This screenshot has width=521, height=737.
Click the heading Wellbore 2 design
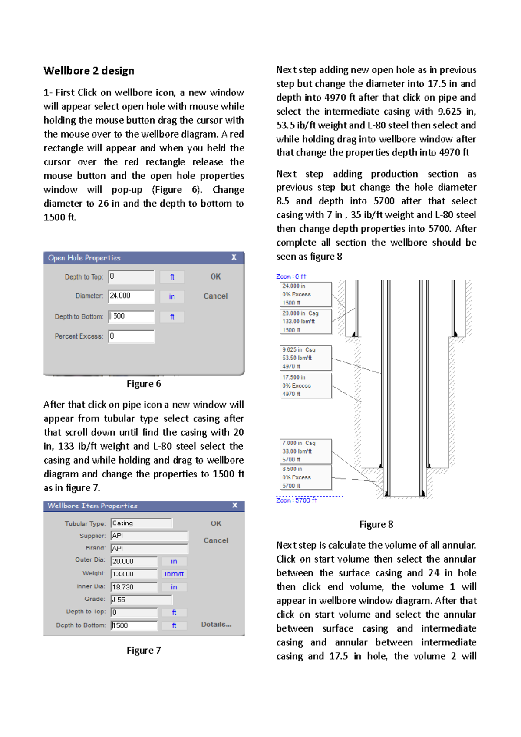(x=89, y=71)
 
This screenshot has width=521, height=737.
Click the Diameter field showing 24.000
(x=131, y=296)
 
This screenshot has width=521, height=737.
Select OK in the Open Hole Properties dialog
(x=215, y=276)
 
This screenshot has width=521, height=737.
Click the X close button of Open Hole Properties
(x=234, y=257)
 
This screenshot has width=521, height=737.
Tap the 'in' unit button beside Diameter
(x=172, y=296)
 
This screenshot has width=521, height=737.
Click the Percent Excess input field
(x=131, y=336)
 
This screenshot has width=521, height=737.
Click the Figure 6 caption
(x=144, y=384)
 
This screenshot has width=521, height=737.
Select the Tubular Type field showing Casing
(x=142, y=523)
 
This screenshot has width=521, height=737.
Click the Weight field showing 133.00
(x=134, y=574)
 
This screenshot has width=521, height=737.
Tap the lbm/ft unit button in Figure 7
(x=174, y=574)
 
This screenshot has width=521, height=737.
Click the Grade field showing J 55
(x=142, y=600)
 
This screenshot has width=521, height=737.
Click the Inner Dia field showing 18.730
(x=134, y=587)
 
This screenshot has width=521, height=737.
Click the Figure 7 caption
(x=144, y=650)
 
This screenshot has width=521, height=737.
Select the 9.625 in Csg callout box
(x=306, y=358)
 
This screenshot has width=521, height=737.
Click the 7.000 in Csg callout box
(x=306, y=451)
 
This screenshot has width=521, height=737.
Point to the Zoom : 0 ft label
(x=291, y=276)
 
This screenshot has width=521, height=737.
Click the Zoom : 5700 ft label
(x=297, y=500)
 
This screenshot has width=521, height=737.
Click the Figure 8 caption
(x=376, y=524)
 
